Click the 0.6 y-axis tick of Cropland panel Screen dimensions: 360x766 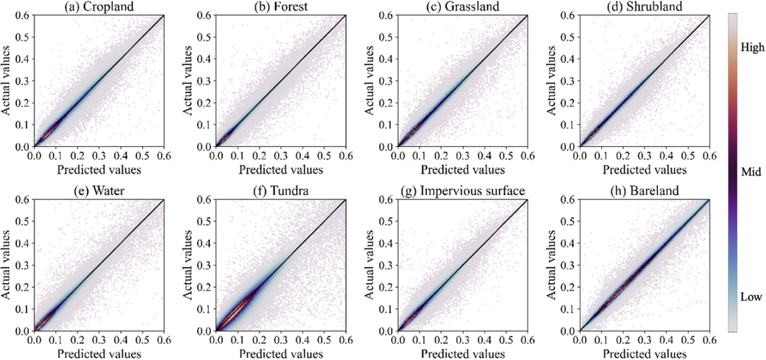click(x=23, y=15)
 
